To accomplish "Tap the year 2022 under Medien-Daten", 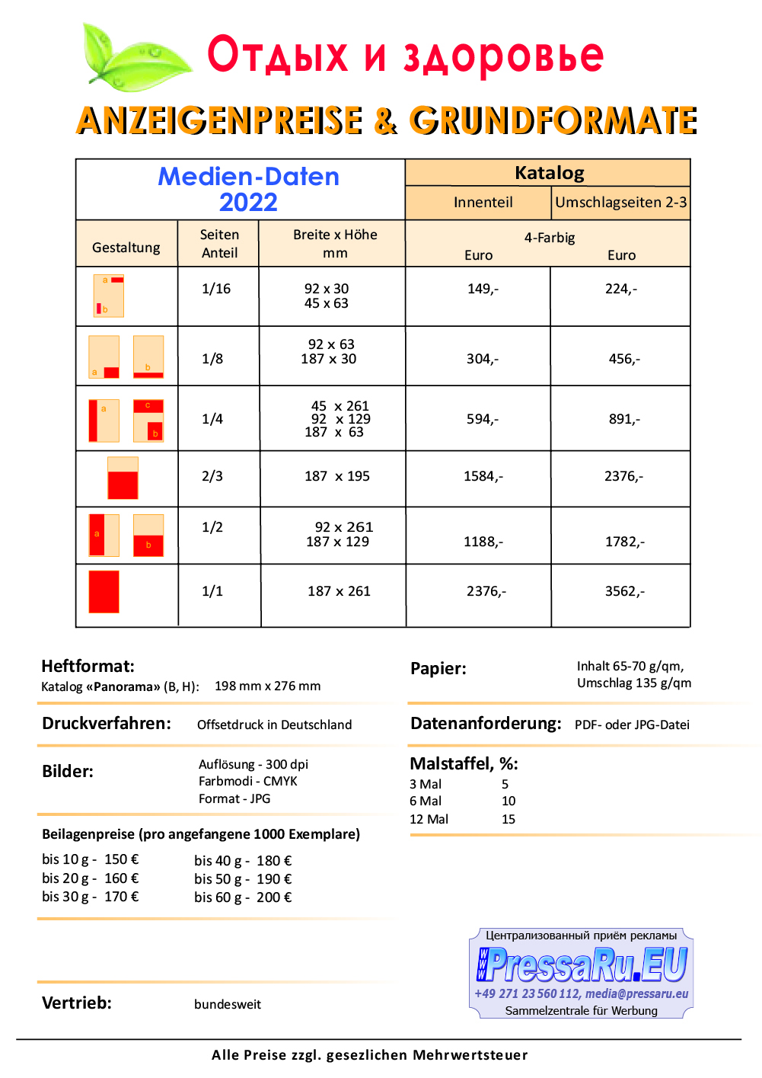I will point(248,203).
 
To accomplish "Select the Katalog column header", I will point(549,173).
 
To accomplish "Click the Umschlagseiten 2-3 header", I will point(620,203).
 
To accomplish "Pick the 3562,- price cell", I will point(624,591).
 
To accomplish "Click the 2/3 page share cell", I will point(212,476).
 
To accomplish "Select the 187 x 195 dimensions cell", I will point(336,476).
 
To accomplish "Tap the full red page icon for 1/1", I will point(104,592).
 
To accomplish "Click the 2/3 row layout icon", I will point(123,478).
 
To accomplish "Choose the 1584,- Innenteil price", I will point(483,476).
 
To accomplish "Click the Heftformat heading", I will point(88,666).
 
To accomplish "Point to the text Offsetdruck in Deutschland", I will point(274,725).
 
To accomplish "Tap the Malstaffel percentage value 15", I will point(508,819).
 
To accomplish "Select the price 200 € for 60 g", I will point(274,897).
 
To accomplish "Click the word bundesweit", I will point(227,1004).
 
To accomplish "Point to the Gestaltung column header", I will point(126,248).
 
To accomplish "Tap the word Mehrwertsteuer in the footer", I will point(470,1055).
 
